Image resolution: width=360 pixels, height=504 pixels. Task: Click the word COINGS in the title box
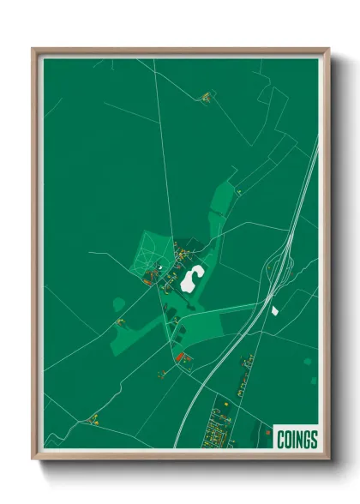pyautogui.click(x=297, y=440)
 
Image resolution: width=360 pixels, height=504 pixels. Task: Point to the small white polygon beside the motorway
pyautogui.click(x=274, y=309)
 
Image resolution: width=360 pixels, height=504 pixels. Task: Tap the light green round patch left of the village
pyautogui.click(x=117, y=303)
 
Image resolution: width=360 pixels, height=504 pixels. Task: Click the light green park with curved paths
pyautogui.click(x=150, y=253)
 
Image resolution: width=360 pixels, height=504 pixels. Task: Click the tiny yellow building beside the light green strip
pyautogui.click(x=239, y=192)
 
